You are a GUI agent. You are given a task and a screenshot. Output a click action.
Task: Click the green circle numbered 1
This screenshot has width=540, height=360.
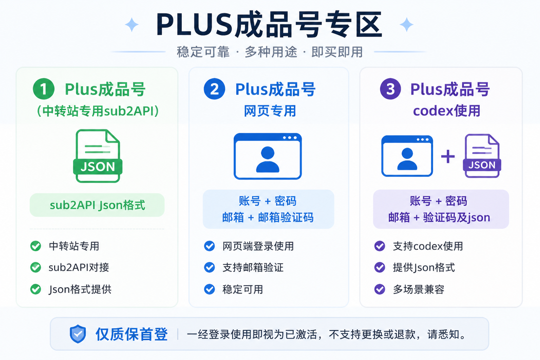tap(44, 89)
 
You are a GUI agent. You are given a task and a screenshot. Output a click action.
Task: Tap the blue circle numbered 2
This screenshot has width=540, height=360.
tap(214, 89)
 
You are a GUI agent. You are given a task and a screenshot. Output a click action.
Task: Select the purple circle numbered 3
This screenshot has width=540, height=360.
tap(390, 89)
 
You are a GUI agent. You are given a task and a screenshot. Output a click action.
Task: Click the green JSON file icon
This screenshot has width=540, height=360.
tap(98, 156)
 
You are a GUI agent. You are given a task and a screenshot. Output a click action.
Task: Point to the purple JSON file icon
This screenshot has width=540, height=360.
tap(482, 156)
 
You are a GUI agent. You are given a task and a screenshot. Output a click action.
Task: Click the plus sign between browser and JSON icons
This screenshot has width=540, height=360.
tap(448, 156)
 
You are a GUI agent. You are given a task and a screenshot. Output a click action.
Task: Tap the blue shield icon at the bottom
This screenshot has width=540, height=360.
tap(78, 334)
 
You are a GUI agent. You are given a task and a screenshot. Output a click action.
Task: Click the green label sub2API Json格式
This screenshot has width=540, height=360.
tap(97, 205)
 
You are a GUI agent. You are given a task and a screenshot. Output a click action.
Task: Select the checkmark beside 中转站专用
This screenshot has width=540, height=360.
tap(36, 246)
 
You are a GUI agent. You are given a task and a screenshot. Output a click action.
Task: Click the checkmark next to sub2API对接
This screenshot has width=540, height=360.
tap(36, 268)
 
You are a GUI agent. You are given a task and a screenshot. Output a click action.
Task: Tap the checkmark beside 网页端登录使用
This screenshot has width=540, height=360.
tap(209, 246)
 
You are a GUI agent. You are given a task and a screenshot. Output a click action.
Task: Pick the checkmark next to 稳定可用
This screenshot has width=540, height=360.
tap(209, 289)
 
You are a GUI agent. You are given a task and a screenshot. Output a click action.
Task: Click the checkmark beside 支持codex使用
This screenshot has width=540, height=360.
tap(380, 246)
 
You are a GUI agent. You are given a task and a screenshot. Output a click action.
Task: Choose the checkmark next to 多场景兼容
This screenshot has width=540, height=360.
tap(380, 289)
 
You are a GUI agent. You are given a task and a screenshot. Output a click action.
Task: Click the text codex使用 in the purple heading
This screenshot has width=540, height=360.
tap(447, 111)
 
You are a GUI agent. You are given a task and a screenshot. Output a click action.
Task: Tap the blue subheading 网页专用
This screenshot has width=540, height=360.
tap(270, 111)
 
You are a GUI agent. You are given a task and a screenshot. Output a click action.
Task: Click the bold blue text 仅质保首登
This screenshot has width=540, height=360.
tap(131, 334)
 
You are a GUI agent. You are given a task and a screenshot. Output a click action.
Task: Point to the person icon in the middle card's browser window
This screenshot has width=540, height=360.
tap(268, 160)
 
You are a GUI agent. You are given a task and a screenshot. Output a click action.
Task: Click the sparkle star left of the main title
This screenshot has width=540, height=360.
tap(131, 25)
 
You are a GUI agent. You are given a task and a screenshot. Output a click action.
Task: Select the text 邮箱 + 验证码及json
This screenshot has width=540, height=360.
tap(439, 218)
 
